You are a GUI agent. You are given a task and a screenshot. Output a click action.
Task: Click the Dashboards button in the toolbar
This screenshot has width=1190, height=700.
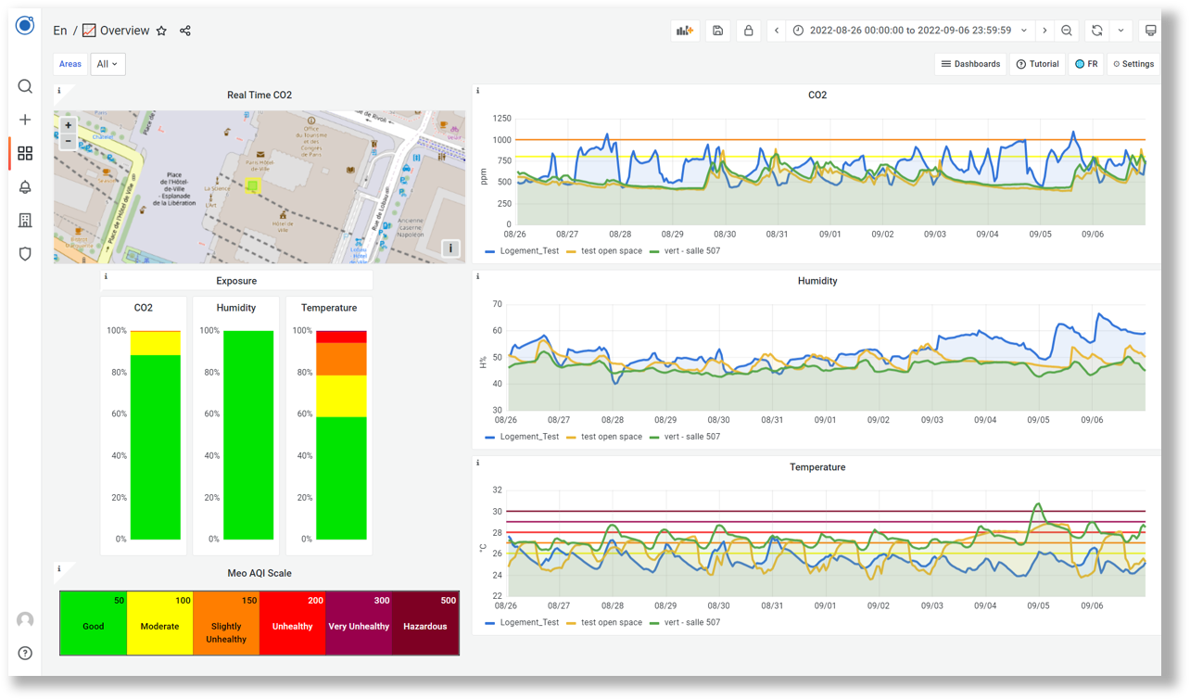pyautogui.click(x=970, y=64)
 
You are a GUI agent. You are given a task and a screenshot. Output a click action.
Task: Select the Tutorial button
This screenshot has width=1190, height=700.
pyautogui.click(x=1037, y=64)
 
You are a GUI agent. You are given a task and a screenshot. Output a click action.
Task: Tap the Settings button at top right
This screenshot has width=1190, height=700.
pyautogui.click(x=1133, y=64)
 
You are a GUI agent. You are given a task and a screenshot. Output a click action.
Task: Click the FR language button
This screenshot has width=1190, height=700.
pyautogui.click(x=1086, y=64)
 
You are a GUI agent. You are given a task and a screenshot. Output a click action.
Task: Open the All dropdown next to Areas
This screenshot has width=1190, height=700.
pyautogui.click(x=108, y=64)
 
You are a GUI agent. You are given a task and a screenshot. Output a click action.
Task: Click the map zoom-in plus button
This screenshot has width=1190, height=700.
pyautogui.click(x=68, y=126)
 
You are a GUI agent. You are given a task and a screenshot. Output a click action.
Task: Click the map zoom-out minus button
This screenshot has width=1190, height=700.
pyautogui.click(x=68, y=142)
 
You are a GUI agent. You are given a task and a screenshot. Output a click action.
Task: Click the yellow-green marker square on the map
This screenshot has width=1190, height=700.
pyautogui.click(x=252, y=186)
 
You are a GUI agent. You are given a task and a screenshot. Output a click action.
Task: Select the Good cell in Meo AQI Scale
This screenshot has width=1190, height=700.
pyautogui.click(x=93, y=625)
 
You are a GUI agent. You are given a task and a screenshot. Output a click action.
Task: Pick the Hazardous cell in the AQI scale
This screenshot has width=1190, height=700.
pyautogui.click(x=424, y=625)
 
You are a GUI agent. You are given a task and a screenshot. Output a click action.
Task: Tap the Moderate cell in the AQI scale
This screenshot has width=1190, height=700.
pyautogui.click(x=159, y=625)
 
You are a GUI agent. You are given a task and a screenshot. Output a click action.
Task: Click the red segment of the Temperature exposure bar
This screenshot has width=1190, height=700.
pyautogui.click(x=341, y=337)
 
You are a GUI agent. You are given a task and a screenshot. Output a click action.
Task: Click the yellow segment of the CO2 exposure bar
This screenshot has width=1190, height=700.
pyautogui.click(x=155, y=343)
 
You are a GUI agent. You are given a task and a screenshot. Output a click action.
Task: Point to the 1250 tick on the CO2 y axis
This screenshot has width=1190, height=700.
pyautogui.click(x=501, y=119)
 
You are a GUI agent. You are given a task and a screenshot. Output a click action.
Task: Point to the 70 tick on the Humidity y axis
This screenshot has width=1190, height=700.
pyautogui.click(x=497, y=304)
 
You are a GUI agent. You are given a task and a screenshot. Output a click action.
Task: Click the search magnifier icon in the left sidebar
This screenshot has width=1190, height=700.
pyautogui.click(x=25, y=86)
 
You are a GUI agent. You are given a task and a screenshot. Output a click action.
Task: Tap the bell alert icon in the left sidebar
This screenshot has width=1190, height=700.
pyautogui.click(x=25, y=186)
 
